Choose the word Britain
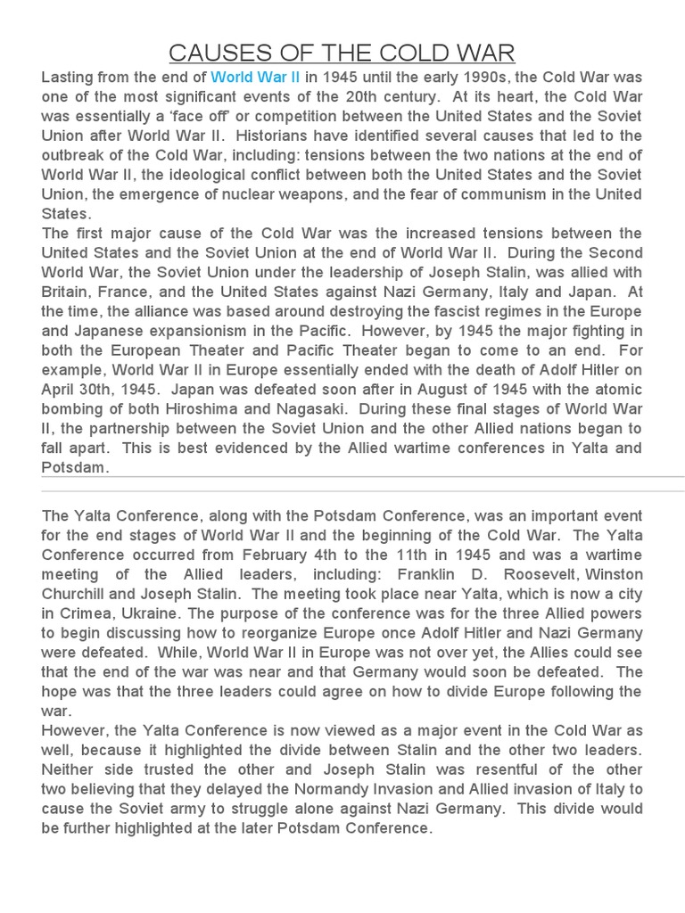click(x=68, y=292)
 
